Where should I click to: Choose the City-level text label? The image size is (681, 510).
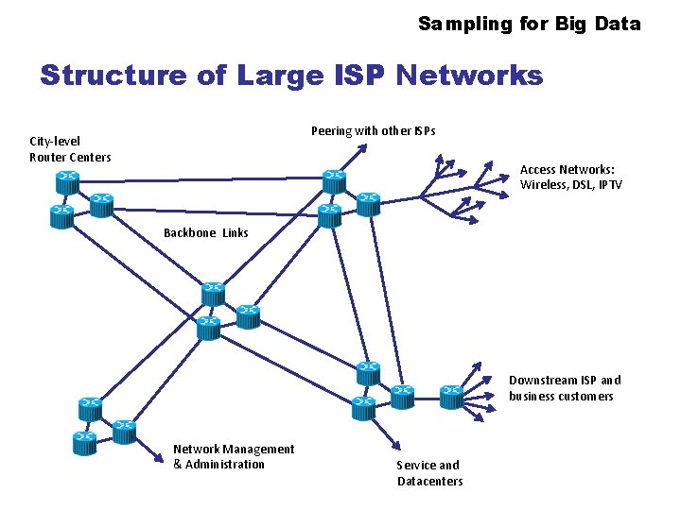pyautogui.click(x=55, y=141)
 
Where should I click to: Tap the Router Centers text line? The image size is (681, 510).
pyautogui.click(x=70, y=157)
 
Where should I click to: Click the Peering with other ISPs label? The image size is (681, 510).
pyautogui.click(x=374, y=130)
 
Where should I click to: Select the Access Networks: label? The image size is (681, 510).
pyautogui.click(x=567, y=170)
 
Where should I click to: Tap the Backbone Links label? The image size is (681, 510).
pyautogui.click(x=206, y=232)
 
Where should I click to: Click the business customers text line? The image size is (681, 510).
pyautogui.click(x=561, y=396)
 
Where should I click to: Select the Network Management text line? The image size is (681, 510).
pyautogui.click(x=234, y=449)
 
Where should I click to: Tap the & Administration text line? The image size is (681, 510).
pyautogui.click(x=219, y=464)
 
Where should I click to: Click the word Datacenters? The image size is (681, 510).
pyautogui.click(x=430, y=481)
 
